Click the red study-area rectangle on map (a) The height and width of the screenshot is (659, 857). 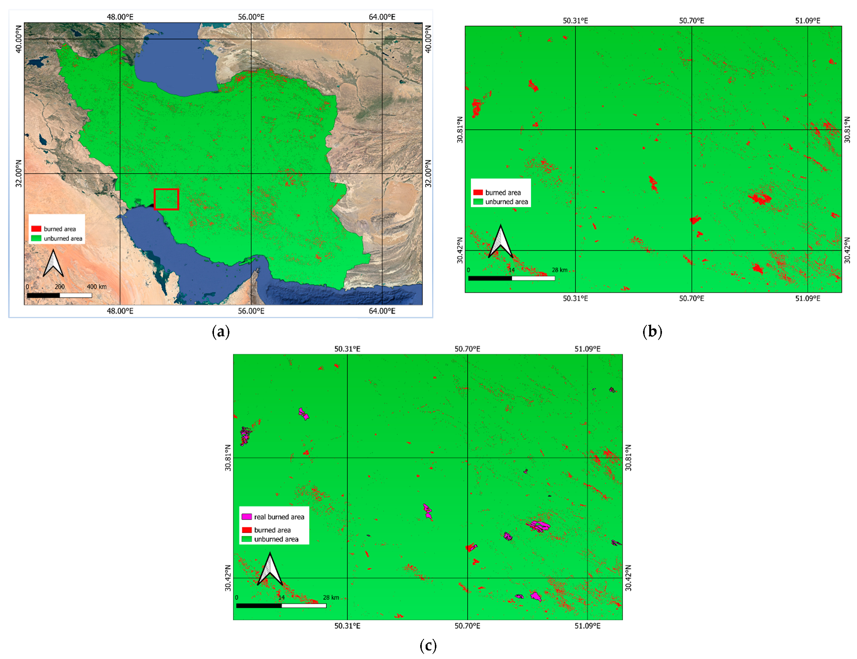pos(166,199)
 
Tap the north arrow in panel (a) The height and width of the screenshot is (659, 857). pos(53,263)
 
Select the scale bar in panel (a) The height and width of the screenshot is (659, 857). pos(59,295)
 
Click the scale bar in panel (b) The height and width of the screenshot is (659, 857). pos(511,278)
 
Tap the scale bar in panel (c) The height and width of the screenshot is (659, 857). pos(281,606)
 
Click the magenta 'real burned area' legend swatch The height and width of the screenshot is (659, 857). pos(246,517)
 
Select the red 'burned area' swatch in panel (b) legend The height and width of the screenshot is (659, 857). pos(478,193)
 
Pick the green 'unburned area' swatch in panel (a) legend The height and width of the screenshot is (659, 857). pos(36,238)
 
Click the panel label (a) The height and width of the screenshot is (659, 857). pos(221,332)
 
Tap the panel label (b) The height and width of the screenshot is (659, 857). pos(652,332)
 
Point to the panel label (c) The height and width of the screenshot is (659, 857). pos(428,645)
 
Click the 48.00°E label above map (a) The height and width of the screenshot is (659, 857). pos(120,17)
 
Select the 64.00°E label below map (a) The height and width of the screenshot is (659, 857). pos(382,311)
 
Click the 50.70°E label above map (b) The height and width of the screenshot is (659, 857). pos(691,21)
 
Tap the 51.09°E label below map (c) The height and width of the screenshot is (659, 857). pos(587,626)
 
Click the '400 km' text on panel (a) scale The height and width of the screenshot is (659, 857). pos(97,287)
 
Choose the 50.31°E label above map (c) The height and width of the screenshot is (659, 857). pos(347,349)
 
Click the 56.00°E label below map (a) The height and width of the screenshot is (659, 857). pos(251,311)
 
